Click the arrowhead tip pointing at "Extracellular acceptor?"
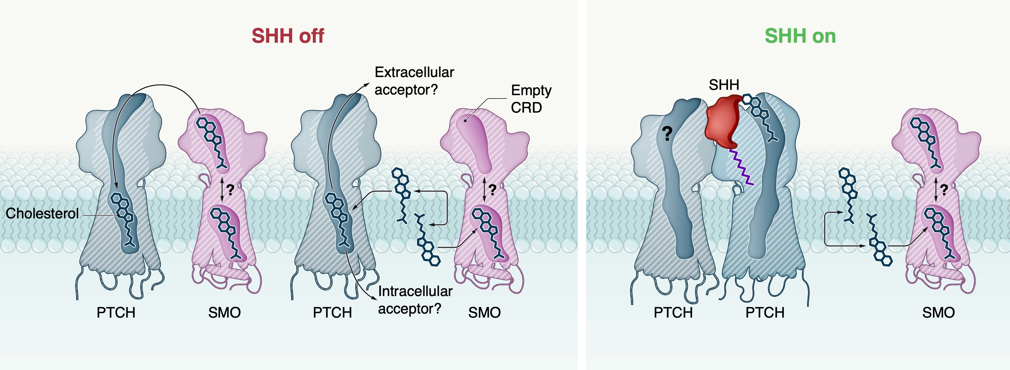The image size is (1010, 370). coord(369,83)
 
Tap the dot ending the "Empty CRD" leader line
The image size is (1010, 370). coord(465,120)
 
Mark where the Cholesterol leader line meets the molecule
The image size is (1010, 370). coord(119,215)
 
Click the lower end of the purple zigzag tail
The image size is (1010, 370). coord(753,184)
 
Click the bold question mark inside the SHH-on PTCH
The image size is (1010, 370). coord(667,133)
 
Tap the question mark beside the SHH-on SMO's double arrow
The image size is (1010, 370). coord(944,190)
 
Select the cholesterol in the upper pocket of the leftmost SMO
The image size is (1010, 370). coord(211,144)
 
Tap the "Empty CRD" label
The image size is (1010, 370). coord(531,99)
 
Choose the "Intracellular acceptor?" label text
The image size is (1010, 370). coord(415,300)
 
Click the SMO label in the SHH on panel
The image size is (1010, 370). coord(938,312)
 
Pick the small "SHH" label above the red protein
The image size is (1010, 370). coord(724,85)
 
